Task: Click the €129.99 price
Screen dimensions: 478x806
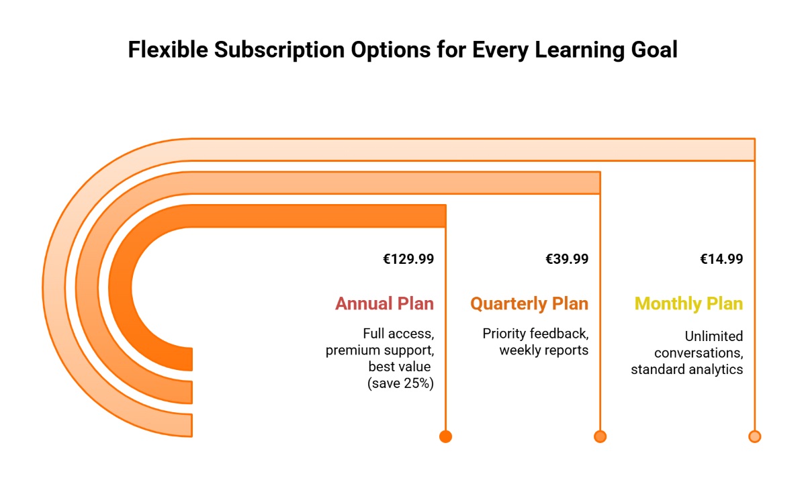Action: [408, 259]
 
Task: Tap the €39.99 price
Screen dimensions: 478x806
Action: [567, 259]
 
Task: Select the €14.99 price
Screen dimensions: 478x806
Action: [721, 259]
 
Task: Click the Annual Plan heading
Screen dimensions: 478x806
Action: [384, 303]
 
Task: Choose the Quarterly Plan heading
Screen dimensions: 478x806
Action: [529, 303]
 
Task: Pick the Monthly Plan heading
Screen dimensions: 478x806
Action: [688, 303]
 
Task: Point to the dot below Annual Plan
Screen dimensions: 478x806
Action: [445, 436]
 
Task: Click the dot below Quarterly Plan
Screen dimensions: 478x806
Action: [600, 436]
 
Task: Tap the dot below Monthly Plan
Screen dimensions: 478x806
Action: [754, 436]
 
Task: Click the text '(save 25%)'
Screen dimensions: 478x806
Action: [400, 383]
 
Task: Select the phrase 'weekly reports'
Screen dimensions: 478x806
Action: [543, 350]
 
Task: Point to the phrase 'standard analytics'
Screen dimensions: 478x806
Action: [686, 369]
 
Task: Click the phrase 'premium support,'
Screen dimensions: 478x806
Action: [379, 350]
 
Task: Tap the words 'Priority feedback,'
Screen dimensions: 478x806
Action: [535, 333]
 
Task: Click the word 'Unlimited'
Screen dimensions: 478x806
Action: [714, 336]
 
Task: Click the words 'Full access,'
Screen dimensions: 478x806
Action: [398, 333]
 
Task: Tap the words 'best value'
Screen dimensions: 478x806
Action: [398, 367]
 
